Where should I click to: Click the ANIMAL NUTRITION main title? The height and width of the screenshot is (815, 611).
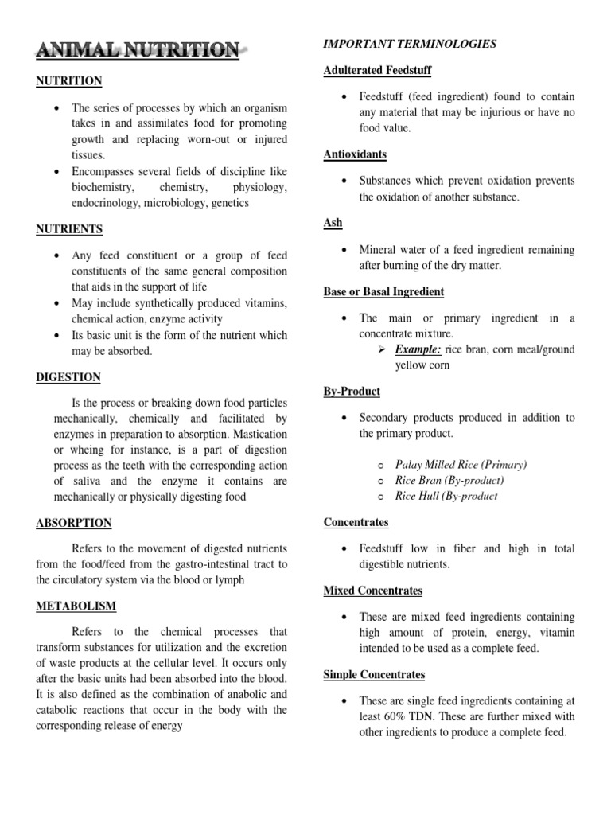[x=138, y=51]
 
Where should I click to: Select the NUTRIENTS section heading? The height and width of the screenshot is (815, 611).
[x=69, y=229]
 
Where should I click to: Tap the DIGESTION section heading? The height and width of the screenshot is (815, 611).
[x=68, y=376]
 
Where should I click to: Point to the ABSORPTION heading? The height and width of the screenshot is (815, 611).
[x=73, y=523]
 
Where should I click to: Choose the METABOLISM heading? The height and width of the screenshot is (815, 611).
[x=76, y=606]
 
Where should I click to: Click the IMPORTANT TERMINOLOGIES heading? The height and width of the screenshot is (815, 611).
[x=410, y=45]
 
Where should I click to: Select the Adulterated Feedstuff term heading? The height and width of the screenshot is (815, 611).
[x=377, y=71]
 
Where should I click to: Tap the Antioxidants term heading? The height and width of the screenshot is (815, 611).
[x=355, y=154]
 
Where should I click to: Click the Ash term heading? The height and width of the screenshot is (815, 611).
[x=333, y=223]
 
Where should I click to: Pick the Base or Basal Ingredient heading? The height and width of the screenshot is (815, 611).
[x=383, y=291]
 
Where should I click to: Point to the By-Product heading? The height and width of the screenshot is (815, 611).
[x=352, y=391]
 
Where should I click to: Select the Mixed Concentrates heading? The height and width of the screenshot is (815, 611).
[x=372, y=591]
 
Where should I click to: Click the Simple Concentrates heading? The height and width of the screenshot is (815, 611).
[x=374, y=674]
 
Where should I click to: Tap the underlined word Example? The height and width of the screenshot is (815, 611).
[x=419, y=350]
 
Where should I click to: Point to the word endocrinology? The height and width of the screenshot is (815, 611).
[x=108, y=203]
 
